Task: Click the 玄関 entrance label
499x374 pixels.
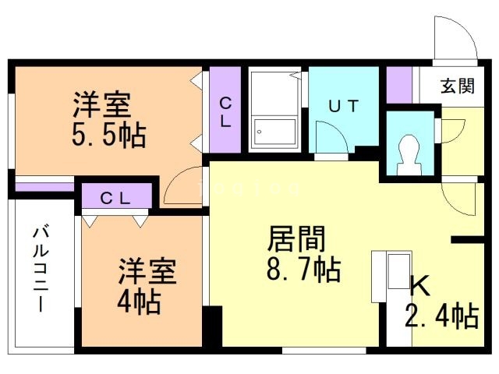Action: pyautogui.click(x=457, y=86)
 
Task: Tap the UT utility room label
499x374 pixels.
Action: pyautogui.click(x=343, y=108)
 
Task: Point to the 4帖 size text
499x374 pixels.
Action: pyautogui.click(x=140, y=300)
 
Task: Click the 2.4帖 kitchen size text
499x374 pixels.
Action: pyautogui.click(x=441, y=316)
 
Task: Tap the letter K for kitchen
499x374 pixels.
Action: pyautogui.click(x=420, y=287)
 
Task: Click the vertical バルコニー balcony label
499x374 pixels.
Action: pyautogui.click(x=41, y=270)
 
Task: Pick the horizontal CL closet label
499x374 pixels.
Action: pyautogui.click(x=115, y=198)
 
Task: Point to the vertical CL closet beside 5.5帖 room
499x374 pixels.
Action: pyautogui.click(x=225, y=112)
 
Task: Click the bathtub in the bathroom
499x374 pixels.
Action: pyautogui.click(x=274, y=133)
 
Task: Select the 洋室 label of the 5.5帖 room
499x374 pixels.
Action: pyautogui.click(x=102, y=104)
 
